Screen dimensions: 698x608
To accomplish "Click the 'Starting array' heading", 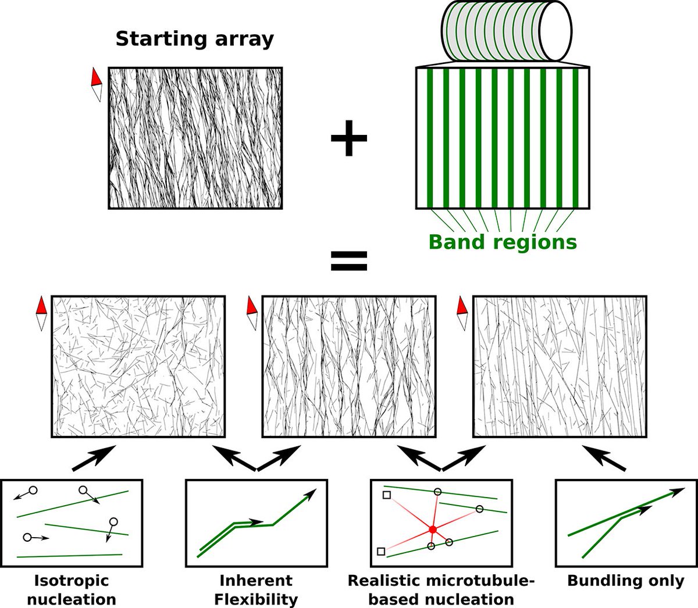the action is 194,40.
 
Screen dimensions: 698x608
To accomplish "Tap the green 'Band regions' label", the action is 503,242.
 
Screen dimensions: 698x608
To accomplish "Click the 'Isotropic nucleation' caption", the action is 72,589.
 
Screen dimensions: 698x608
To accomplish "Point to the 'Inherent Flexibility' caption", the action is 256,589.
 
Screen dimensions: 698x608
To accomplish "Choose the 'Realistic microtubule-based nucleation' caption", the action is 440,589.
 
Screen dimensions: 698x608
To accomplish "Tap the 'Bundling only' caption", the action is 626,580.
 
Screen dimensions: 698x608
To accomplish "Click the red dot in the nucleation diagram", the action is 432,530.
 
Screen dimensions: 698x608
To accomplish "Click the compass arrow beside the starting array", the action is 97,85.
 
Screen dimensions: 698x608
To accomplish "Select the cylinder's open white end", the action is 555,30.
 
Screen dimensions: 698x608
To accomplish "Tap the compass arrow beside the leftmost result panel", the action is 41,313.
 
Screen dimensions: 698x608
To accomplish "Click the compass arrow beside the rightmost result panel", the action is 462,313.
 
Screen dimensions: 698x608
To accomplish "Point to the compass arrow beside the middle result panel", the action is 252,313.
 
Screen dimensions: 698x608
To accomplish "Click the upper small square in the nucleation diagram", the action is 386,495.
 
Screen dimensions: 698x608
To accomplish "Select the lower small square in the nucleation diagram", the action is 381,551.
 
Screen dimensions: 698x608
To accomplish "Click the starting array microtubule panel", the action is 195,138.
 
